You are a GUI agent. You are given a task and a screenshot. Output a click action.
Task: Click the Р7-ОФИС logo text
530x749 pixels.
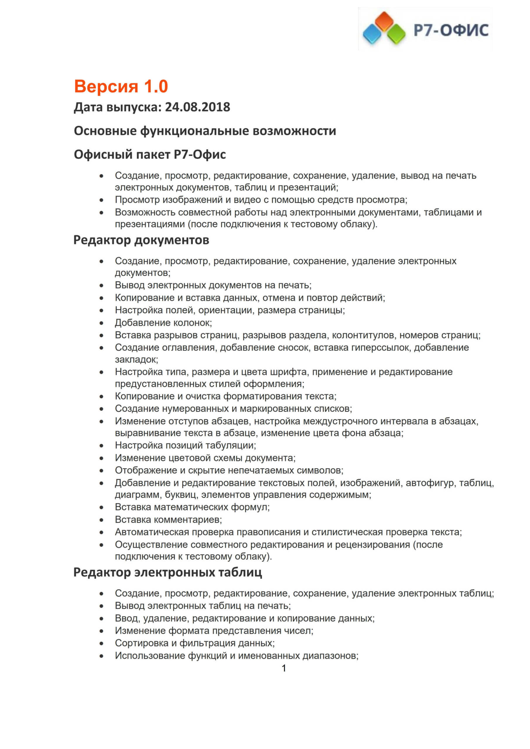coord(451,30)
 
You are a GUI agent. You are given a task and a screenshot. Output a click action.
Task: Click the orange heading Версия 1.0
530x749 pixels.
coord(121,86)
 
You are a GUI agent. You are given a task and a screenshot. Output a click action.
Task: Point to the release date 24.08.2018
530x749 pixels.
coord(197,107)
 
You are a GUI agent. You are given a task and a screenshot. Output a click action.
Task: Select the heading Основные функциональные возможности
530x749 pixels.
coord(205,131)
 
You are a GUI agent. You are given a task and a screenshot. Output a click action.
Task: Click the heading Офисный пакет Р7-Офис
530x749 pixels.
coord(150,154)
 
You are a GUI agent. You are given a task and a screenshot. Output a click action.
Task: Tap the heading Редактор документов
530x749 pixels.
coord(141,240)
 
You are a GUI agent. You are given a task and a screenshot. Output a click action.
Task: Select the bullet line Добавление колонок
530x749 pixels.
coord(163,323)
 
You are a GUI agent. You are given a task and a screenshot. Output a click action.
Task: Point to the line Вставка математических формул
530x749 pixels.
coord(192,507)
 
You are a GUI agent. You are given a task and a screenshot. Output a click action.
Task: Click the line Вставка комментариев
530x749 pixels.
coord(168,519)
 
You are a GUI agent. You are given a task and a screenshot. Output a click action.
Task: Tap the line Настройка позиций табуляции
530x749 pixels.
coord(185,445)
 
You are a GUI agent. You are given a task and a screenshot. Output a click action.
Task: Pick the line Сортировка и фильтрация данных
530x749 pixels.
coord(195,643)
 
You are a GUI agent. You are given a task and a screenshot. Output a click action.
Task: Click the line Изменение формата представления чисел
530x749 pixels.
coord(214,631)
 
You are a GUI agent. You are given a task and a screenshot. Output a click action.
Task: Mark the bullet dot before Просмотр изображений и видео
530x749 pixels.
coord(102,200)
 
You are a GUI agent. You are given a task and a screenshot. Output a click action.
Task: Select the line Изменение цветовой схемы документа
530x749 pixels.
coord(205,458)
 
